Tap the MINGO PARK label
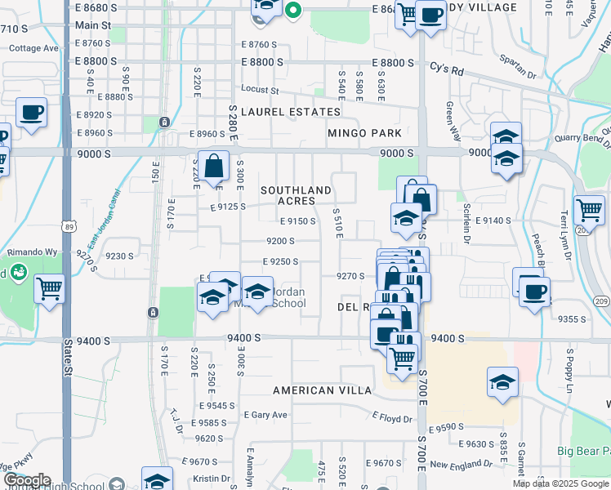pos(364,133)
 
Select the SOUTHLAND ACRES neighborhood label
pos(296,195)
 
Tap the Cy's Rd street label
pos(447,71)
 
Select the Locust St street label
pos(260,90)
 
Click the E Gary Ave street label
pos(265,415)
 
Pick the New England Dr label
pos(462,465)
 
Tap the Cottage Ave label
pos(33,48)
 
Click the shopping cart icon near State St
pos(50,288)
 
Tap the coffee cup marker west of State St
pos(31,113)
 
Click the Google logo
pos(27,480)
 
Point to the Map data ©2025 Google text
pos(560,483)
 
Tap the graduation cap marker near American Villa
pos(502,381)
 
